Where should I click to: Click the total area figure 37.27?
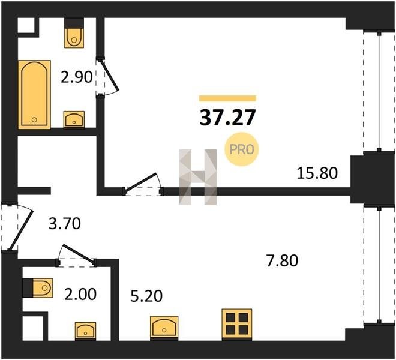[228, 118]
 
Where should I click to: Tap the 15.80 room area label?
[317, 173]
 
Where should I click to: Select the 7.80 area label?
[282, 261]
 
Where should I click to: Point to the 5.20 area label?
[146, 296]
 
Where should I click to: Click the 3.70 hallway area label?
[65, 224]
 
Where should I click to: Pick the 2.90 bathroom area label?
[77, 77]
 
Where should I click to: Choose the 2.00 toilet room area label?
[80, 295]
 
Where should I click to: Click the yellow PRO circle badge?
[242, 149]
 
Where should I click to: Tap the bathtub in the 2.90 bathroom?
[34, 94]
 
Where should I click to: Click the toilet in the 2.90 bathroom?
[74, 34]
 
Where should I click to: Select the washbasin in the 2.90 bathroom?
[74, 119]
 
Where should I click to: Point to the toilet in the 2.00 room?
[38, 288]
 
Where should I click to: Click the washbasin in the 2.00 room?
[85, 331]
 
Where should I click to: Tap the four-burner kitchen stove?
[237, 323]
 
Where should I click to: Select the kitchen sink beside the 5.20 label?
[164, 327]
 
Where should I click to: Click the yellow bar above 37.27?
[228, 98]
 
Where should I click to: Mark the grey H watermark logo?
[198, 177]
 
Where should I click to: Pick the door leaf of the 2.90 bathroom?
[109, 75]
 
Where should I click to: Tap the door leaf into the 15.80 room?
[141, 181]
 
